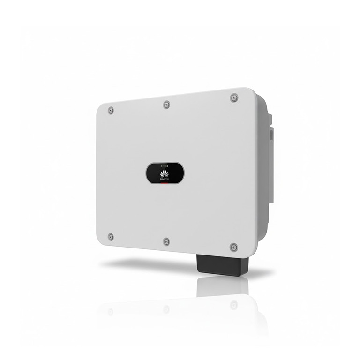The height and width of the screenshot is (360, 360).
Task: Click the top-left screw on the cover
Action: pyautogui.click(x=111, y=110)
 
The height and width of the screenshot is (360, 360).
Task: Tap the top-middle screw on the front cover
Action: pyautogui.click(x=166, y=105)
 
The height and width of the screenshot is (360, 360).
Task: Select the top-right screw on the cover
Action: pyautogui.click(x=234, y=97)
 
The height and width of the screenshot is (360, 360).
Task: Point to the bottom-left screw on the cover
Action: pyautogui.click(x=111, y=237)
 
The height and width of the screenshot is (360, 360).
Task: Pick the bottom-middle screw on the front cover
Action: pyautogui.click(x=166, y=241)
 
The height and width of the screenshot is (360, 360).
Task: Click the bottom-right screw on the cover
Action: pyautogui.click(x=234, y=247)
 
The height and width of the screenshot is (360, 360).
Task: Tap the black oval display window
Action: pyautogui.click(x=165, y=173)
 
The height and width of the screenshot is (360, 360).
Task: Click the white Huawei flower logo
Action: pyautogui.click(x=165, y=173)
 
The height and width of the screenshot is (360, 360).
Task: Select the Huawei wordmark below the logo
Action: pyautogui.click(x=165, y=179)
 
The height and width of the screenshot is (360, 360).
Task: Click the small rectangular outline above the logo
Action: pyautogui.click(x=165, y=166)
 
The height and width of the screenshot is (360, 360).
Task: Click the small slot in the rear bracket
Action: pyautogui.click(x=271, y=133)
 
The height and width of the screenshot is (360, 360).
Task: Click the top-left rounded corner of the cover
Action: pyautogui.click(x=101, y=107)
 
